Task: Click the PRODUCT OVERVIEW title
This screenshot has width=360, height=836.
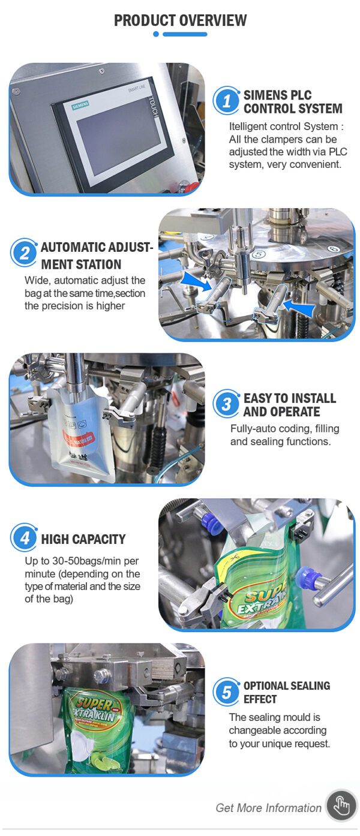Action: (x=180, y=20)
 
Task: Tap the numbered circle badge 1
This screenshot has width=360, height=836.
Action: (x=226, y=101)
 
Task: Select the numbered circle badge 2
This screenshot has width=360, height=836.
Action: (x=24, y=253)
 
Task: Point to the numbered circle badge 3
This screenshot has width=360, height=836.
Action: (x=226, y=404)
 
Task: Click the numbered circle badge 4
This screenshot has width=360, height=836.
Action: (x=24, y=537)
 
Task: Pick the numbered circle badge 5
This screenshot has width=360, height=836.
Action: (x=226, y=692)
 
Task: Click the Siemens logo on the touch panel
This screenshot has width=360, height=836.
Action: (x=80, y=106)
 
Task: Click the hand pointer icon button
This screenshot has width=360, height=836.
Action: (x=341, y=805)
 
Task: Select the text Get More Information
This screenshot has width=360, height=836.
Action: (x=269, y=808)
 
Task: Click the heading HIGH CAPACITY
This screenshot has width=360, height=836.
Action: (x=83, y=539)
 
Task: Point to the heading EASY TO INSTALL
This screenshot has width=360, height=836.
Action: (x=290, y=398)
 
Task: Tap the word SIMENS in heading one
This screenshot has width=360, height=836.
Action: (x=265, y=95)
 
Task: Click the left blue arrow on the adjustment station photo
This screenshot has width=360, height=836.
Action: (x=196, y=282)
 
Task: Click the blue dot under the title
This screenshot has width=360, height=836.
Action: (x=156, y=34)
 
